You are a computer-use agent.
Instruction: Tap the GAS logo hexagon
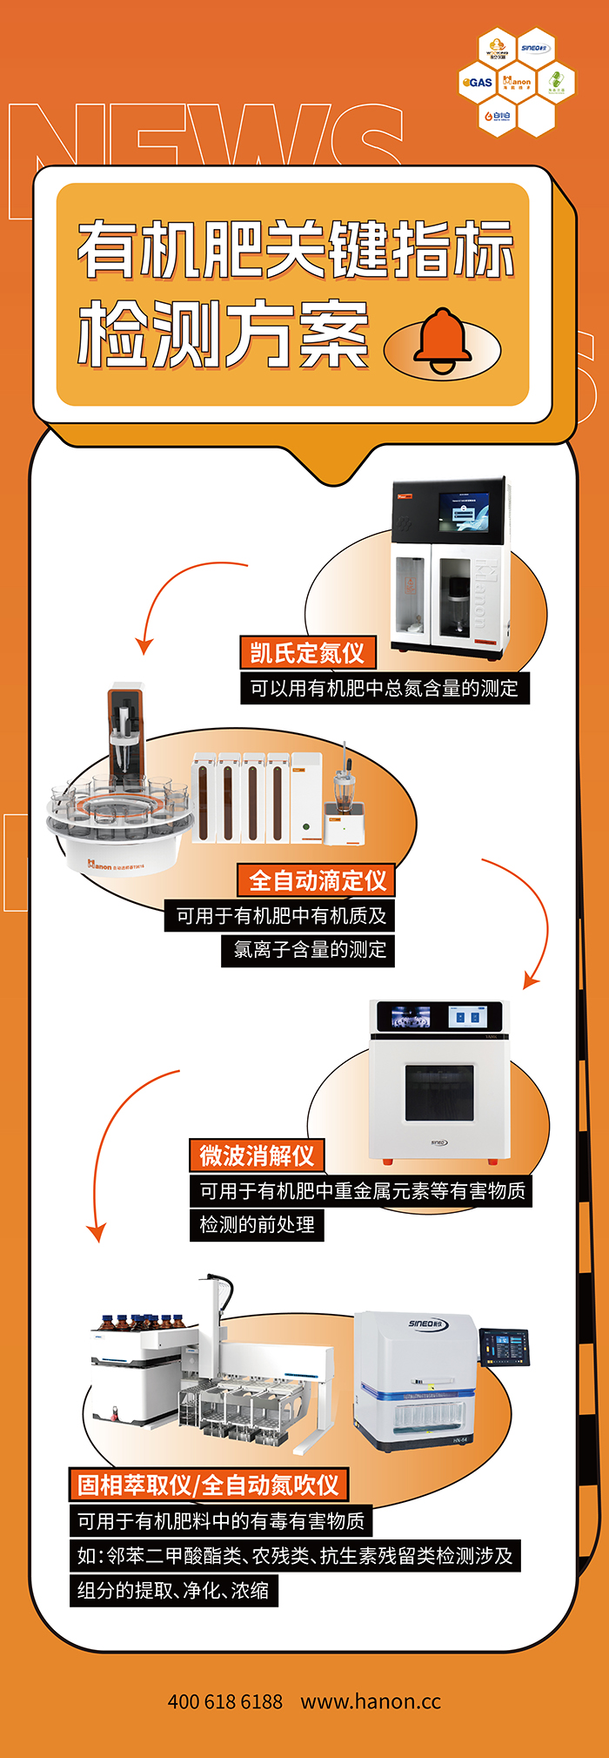[478, 83]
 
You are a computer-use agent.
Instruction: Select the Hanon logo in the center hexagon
[517, 83]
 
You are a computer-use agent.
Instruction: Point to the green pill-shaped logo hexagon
[556, 83]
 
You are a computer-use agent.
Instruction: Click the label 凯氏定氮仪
[307, 652]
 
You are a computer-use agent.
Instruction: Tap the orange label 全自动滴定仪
[318, 880]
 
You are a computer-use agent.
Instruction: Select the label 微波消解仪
[257, 1155]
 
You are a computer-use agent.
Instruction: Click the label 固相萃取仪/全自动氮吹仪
[208, 1485]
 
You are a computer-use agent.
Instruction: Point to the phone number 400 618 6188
[224, 1701]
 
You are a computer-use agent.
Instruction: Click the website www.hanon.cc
[371, 1701]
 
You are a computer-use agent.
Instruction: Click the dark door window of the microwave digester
[439, 1093]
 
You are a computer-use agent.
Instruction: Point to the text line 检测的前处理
[258, 1224]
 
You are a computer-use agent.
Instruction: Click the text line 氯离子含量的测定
[310, 949]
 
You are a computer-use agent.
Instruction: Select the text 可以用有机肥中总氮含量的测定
[385, 688]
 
